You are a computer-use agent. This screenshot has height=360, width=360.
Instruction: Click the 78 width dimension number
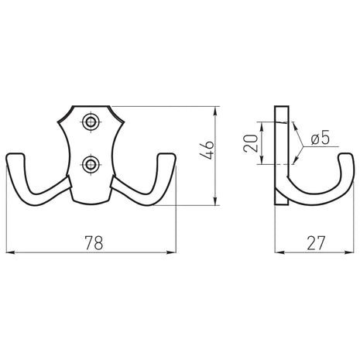(94, 242)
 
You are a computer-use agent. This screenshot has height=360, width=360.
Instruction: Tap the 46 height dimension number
(207, 150)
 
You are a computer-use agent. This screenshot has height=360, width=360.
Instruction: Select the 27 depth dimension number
(315, 243)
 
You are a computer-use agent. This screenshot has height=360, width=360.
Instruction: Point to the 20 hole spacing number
(251, 143)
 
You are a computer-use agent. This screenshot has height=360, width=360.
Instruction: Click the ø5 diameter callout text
(321, 139)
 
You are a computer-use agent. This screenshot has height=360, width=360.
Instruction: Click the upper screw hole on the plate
(91, 122)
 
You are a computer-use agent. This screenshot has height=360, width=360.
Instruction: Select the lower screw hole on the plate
(91, 164)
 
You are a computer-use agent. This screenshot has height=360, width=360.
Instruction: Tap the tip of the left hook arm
(15, 155)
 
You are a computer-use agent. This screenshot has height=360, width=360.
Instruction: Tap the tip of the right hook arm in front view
(167, 155)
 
